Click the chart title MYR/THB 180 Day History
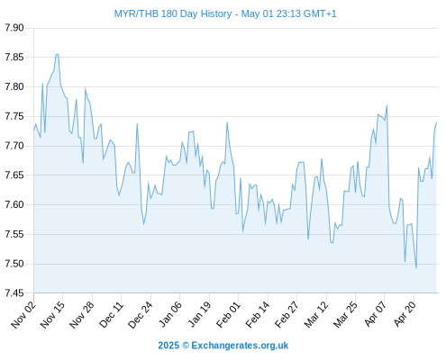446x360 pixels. [x=173, y=14]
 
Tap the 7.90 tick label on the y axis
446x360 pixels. [x=14, y=28]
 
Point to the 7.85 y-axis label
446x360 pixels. [x=14, y=57]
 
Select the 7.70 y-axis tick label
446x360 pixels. [x=14, y=146]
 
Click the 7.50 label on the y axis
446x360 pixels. [x=14, y=264]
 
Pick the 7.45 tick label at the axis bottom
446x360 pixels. [x=14, y=293]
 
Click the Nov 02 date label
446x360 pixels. [x=23, y=315]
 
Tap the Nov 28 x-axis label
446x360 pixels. [x=82, y=315]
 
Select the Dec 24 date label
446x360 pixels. [x=141, y=315]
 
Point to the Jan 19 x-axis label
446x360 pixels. [x=199, y=315]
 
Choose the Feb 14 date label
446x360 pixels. [x=258, y=315]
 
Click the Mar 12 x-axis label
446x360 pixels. [x=316, y=315]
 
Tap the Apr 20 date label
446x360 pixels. [x=405, y=314]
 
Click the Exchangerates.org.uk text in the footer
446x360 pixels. [x=240, y=346]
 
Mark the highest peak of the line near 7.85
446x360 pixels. [x=58, y=54]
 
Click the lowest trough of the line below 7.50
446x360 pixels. [x=416, y=268]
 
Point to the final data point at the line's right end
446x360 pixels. [x=436, y=122]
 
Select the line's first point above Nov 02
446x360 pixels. [x=33, y=130]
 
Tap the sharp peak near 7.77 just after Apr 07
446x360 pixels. [x=387, y=105]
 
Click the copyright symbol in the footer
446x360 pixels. [x=186, y=346]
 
